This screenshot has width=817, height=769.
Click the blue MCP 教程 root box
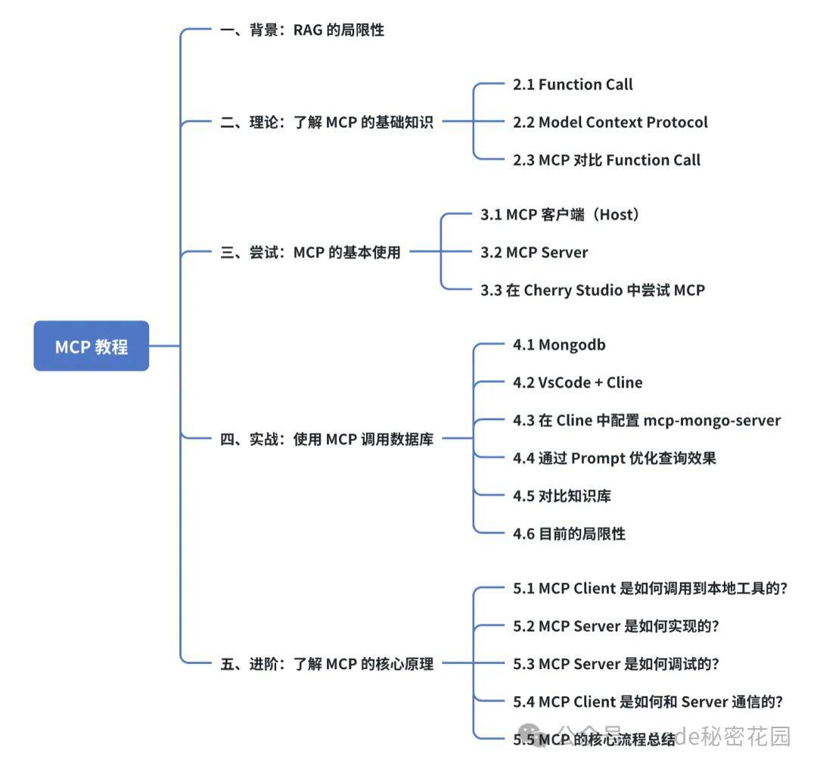coord(92,347)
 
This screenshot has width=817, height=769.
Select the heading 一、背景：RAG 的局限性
coord(302,30)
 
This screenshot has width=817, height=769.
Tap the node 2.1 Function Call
coord(573,85)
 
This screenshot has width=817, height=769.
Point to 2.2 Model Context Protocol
coord(610,122)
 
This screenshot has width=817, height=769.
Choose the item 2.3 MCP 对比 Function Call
coord(606,160)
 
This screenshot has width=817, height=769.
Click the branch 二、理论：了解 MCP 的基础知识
coord(327,123)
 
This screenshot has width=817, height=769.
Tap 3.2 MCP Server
coord(534,252)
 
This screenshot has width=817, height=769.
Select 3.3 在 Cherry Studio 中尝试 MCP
coord(592,290)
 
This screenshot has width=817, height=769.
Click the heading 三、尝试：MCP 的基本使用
coord(310,253)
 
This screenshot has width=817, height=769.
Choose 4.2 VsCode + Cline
coord(577,383)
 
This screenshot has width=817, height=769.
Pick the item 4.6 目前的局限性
coord(569,534)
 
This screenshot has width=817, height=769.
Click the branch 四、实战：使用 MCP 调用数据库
coord(327,439)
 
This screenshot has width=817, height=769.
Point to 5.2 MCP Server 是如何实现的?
coord(616,626)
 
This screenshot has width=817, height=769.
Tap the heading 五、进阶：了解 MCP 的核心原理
coord(327,665)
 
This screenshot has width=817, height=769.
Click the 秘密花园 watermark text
coord(750,736)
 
